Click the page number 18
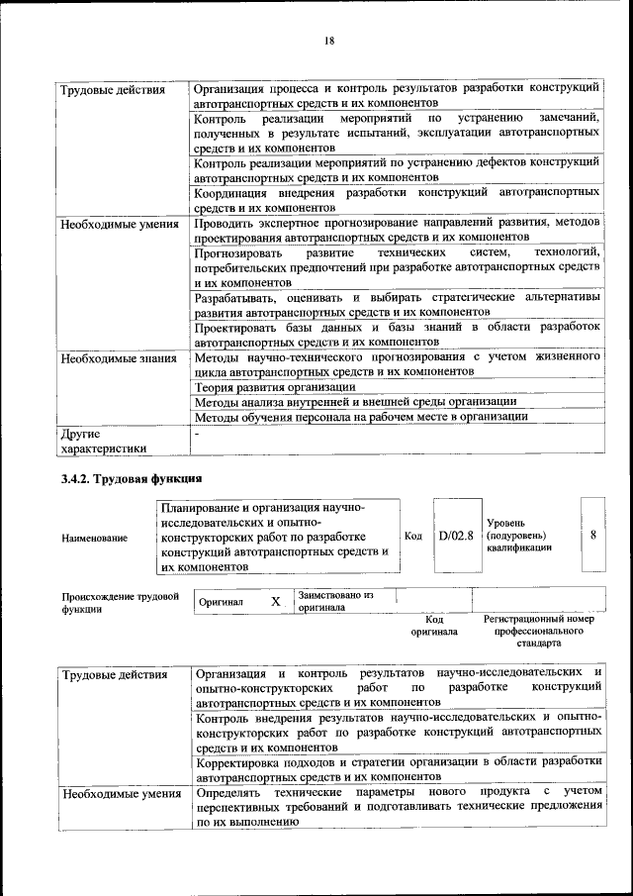tap(328, 40)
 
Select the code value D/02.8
tap(456, 536)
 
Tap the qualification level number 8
tap(592, 535)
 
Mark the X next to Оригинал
tap(276, 601)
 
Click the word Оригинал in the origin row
tap(222, 602)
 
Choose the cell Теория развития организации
tap(275, 386)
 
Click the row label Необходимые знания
tap(117, 357)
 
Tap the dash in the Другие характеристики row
tap(198, 433)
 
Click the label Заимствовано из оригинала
tap(335, 601)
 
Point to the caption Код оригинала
tap(434, 625)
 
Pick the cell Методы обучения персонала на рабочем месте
tap(361, 417)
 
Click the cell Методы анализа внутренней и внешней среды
tap(355, 402)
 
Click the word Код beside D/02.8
tap(413, 536)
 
